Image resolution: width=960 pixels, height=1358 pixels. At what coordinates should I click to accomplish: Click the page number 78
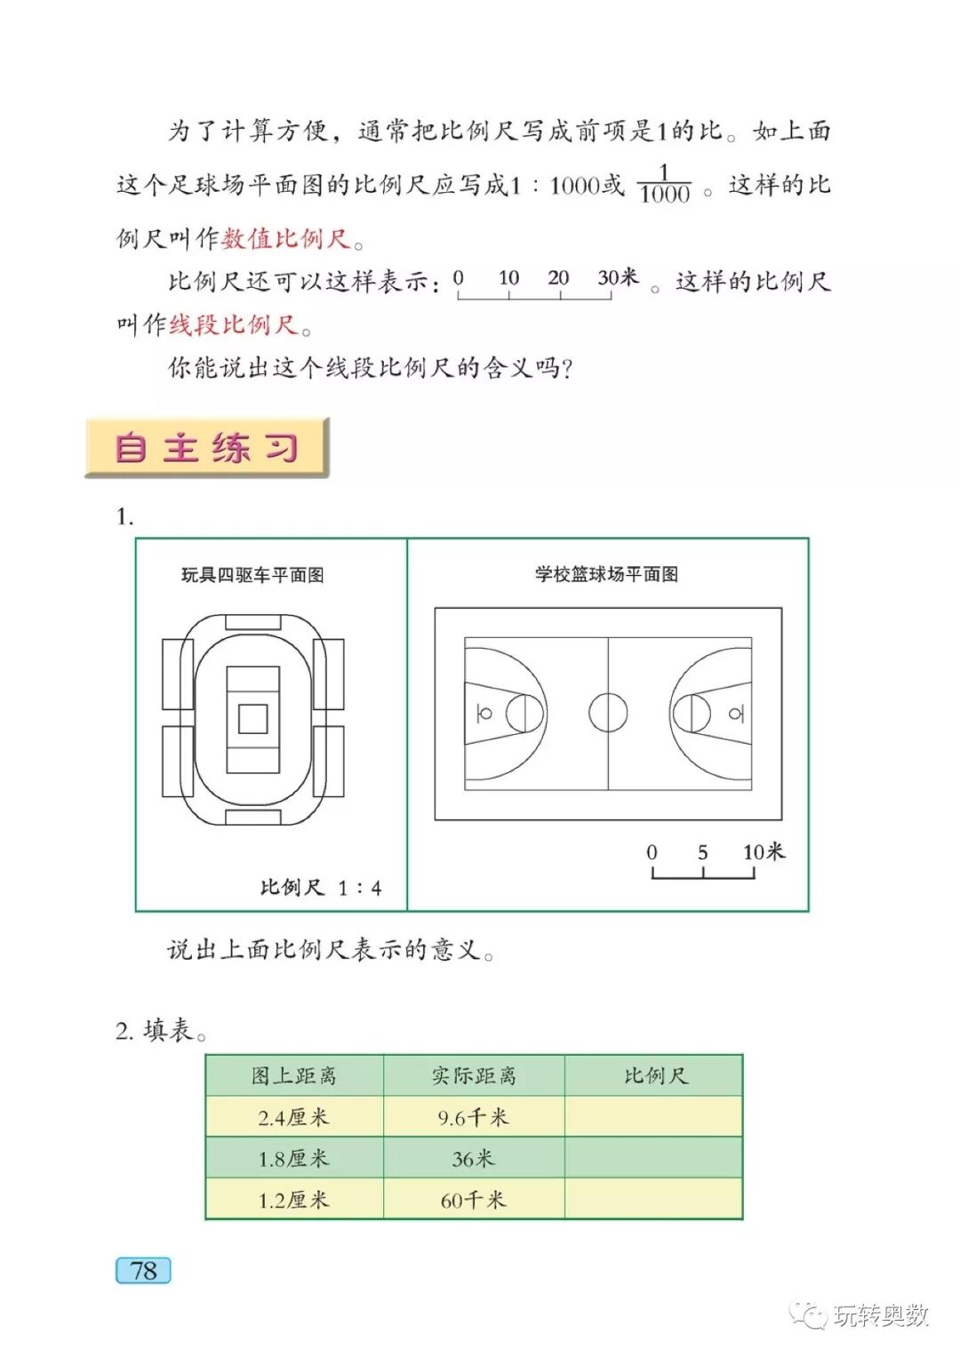tap(143, 1270)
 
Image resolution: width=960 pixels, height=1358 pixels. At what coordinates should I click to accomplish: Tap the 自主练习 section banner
tap(207, 447)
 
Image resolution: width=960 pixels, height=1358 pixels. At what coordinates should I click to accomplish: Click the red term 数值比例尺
tap(286, 238)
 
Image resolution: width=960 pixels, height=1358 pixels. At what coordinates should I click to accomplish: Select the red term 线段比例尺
tap(234, 324)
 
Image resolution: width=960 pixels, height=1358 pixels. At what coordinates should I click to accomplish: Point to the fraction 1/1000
tap(664, 184)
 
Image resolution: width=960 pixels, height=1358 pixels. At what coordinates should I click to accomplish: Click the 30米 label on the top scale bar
tap(618, 277)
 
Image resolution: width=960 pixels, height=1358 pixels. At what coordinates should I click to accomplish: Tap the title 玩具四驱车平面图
tap(252, 575)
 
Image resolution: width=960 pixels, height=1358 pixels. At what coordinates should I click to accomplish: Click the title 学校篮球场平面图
tap(606, 574)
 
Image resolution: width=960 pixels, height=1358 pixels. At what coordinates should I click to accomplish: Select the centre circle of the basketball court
tap(608, 713)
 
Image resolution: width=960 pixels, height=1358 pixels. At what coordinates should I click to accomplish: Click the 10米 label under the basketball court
tap(764, 851)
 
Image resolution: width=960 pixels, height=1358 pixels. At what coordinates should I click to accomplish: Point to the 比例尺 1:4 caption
tap(320, 887)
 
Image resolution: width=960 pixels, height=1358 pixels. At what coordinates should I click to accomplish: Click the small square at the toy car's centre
tap(253, 718)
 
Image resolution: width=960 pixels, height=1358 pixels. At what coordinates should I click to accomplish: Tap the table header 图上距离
tap(294, 1075)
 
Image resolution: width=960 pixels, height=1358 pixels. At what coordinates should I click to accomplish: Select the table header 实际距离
tap(474, 1075)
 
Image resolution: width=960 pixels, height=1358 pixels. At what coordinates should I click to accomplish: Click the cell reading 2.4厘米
tap(294, 1117)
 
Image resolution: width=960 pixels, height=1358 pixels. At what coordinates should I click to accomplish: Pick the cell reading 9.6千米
tap(474, 1117)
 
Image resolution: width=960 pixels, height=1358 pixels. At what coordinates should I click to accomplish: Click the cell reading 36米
tap(474, 1159)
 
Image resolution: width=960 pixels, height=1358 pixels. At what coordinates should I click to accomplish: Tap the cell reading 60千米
tap(474, 1200)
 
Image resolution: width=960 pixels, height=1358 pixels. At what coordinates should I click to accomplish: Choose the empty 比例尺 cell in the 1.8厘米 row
tap(653, 1159)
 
